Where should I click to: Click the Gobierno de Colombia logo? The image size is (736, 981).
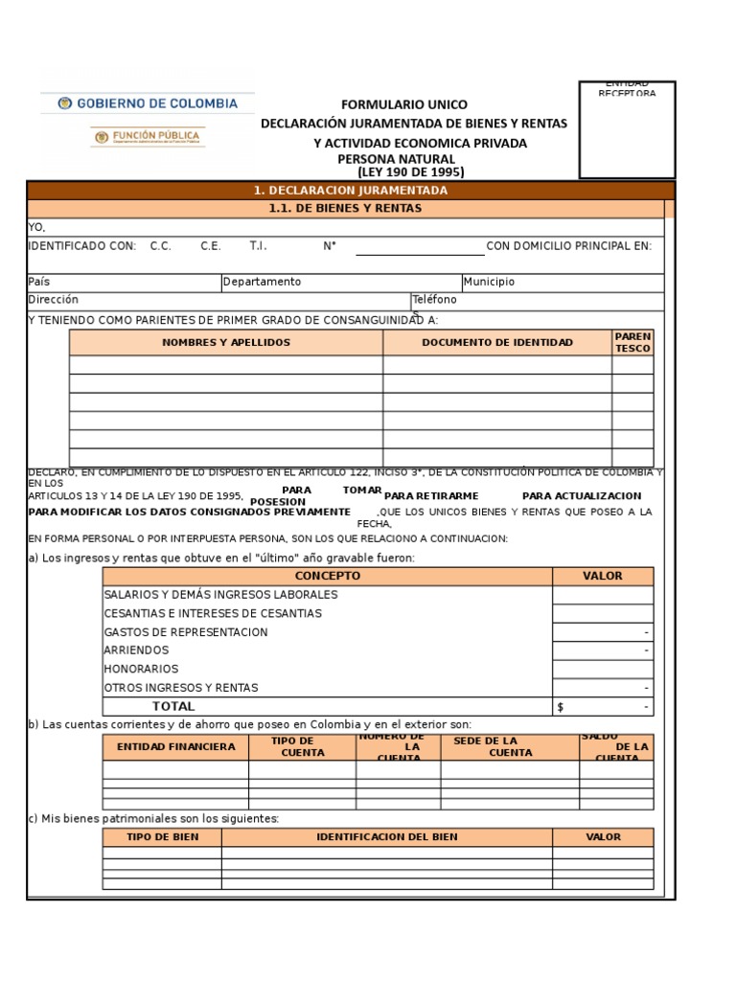(148, 103)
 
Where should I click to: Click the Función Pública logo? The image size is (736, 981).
(147, 137)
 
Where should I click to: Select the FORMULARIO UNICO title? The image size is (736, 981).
(405, 104)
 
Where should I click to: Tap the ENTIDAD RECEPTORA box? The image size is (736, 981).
(627, 130)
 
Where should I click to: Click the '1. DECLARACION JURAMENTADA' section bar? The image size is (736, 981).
(351, 191)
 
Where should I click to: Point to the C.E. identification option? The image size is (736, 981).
(211, 246)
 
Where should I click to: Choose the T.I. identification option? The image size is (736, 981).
(259, 246)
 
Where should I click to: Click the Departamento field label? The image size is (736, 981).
(262, 282)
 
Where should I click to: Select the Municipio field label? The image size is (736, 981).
(489, 282)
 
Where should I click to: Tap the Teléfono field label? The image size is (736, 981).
(434, 300)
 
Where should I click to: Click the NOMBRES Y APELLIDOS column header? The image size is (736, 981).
(226, 342)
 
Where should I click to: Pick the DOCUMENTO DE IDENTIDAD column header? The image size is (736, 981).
(497, 342)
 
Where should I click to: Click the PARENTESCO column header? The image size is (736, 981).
(632, 342)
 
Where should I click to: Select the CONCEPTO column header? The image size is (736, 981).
(328, 576)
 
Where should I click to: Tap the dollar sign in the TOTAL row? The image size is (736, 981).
(561, 707)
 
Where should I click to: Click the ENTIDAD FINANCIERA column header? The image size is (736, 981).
(175, 746)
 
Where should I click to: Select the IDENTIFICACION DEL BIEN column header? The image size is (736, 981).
(386, 836)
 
